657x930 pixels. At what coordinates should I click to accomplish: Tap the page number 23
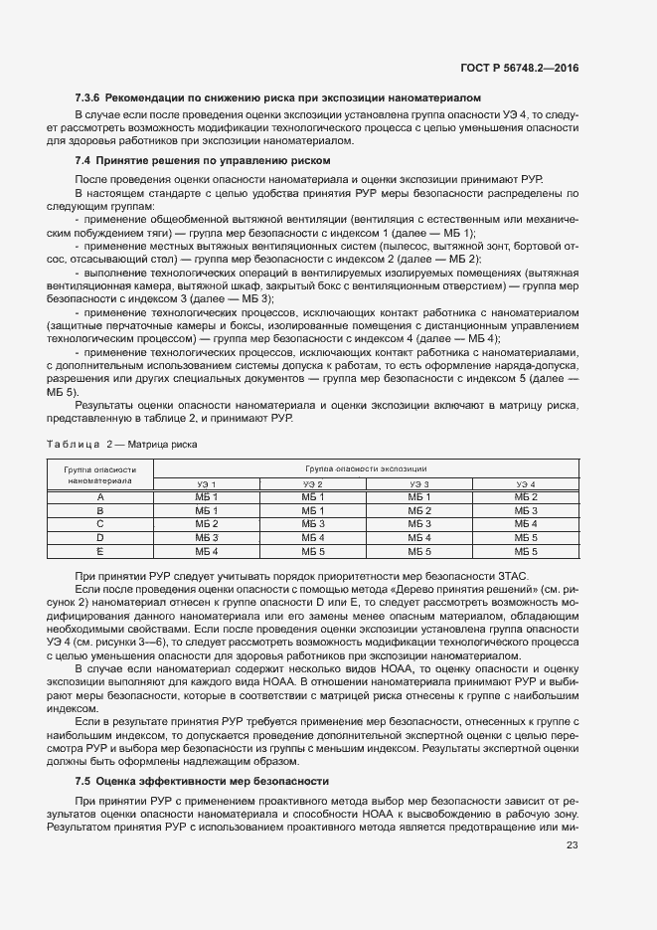pyautogui.click(x=572, y=846)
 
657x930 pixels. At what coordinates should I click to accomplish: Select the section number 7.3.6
pyautogui.click(x=89, y=98)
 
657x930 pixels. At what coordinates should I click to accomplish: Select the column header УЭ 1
pyautogui.click(x=207, y=483)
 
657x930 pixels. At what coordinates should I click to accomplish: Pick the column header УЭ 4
pyautogui.click(x=525, y=483)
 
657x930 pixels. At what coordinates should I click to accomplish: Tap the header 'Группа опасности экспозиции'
pyautogui.click(x=366, y=466)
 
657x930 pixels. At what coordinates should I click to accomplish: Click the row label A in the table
pyautogui.click(x=100, y=496)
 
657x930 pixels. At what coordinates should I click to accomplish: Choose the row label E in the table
pyautogui.click(x=100, y=550)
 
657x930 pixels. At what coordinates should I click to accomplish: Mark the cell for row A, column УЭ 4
pyautogui.click(x=525, y=496)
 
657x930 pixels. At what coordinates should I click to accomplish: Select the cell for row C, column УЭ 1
pyautogui.click(x=207, y=523)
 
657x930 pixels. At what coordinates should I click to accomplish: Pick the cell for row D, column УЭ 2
pyautogui.click(x=313, y=537)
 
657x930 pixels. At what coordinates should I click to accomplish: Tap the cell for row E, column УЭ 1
pyautogui.click(x=207, y=550)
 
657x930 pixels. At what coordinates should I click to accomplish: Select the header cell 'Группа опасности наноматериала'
pyautogui.click(x=100, y=473)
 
